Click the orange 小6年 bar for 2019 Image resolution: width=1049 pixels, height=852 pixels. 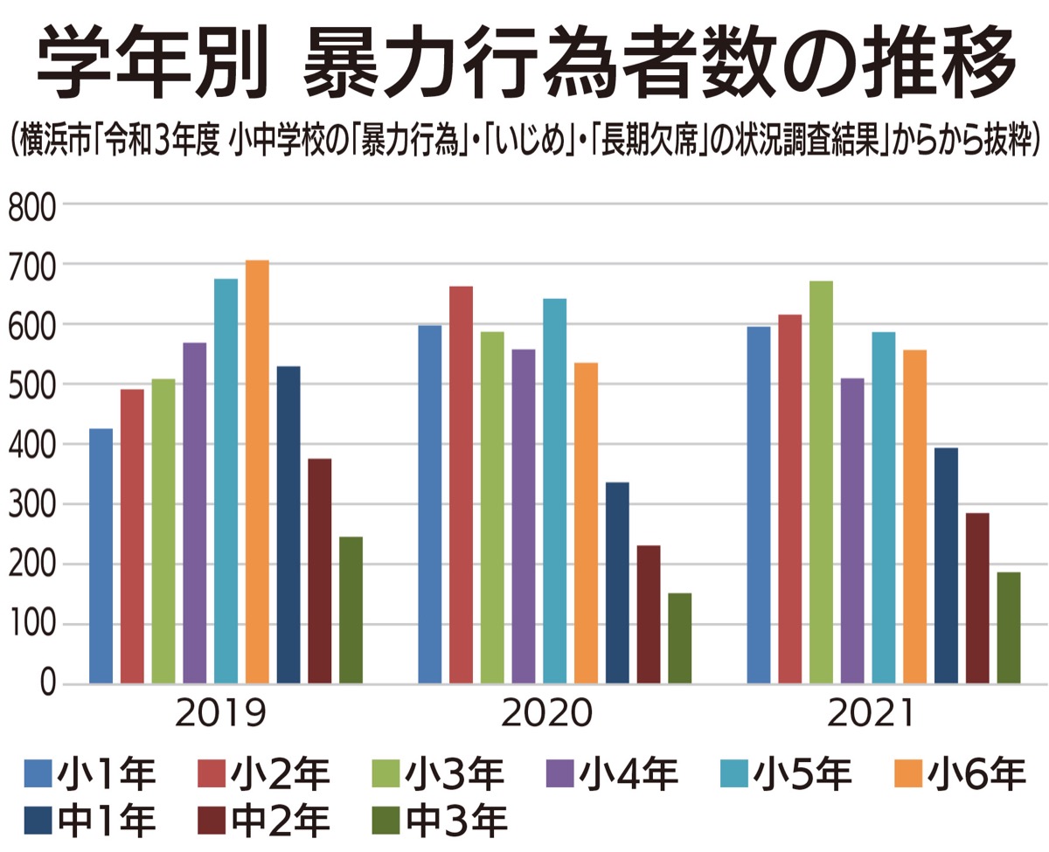pyautogui.click(x=257, y=472)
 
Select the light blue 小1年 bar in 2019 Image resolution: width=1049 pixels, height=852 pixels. pyautogui.click(x=101, y=556)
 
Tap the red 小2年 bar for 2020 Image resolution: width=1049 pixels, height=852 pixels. pyautogui.click(x=461, y=485)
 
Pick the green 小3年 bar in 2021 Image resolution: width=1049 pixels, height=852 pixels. pyautogui.click(x=821, y=481)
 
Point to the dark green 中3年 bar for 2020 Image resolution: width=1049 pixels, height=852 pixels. pyautogui.click(x=679, y=638)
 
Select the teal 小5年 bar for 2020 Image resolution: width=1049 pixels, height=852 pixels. pyautogui.click(x=554, y=490)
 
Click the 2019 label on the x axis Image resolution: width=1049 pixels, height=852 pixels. pyautogui.click(x=219, y=714)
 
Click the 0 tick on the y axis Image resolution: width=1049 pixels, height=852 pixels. pyautogui.click(x=45, y=684)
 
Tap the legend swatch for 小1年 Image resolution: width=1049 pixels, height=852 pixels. pyautogui.click(x=38, y=774)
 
